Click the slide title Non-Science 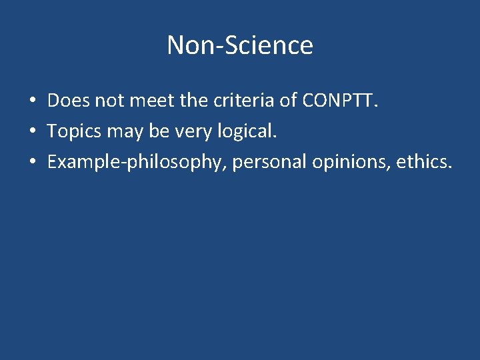click(240, 45)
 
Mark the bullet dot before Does click(32, 101)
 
